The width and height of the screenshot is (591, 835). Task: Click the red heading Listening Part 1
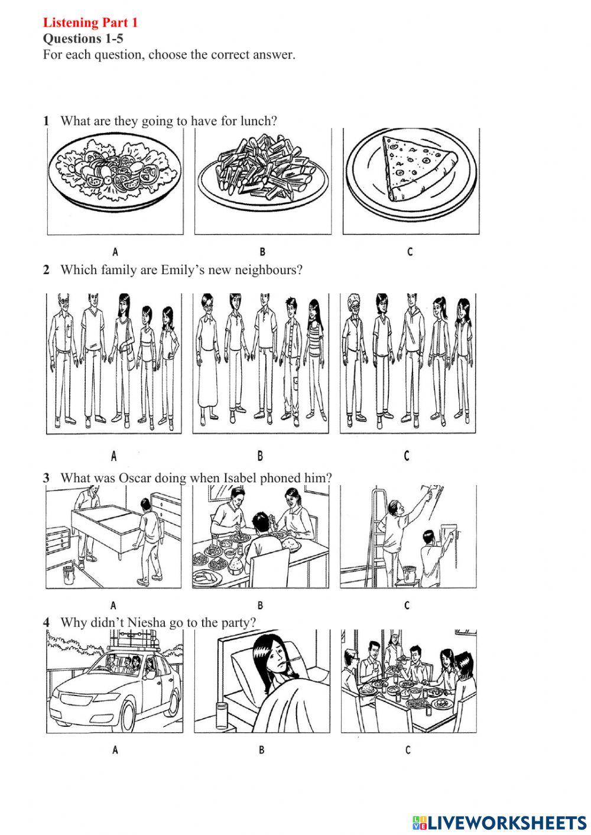[90, 22]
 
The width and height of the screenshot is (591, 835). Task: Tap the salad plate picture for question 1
[115, 171]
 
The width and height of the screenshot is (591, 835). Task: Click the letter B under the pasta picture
[262, 252]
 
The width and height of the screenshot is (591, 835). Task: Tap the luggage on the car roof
[134, 642]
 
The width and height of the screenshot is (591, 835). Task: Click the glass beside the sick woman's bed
[222, 716]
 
